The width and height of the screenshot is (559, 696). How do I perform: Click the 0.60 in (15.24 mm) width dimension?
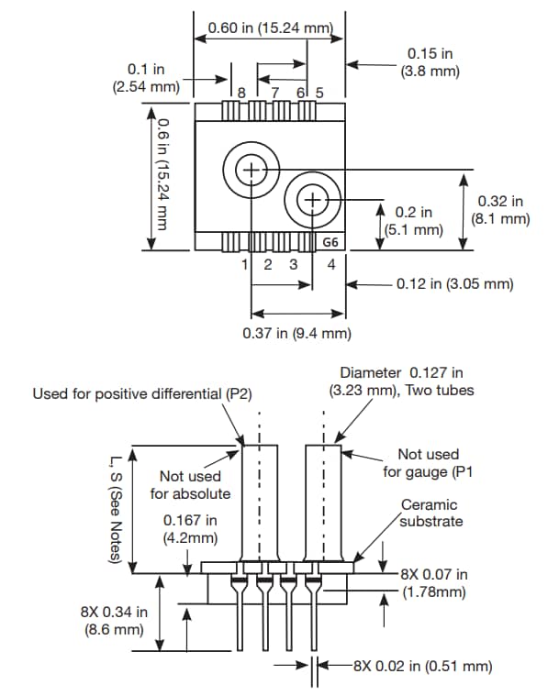(x=269, y=27)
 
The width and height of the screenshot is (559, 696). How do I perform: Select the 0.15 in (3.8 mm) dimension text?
(x=430, y=62)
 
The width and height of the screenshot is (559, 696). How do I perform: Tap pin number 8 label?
(x=241, y=93)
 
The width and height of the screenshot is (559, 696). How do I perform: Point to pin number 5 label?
(x=319, y=93)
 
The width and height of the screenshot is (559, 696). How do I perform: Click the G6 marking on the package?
(x=330, y=242)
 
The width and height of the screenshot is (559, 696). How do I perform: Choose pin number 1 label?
(x=245, y=265)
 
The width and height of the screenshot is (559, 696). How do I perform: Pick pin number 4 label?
(x=330, y=265)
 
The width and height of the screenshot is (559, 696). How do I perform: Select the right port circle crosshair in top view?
(x=313, y=200)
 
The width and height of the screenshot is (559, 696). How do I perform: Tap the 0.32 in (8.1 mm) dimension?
(x=500, y=210)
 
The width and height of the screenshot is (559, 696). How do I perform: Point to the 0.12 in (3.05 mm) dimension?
(x=454, y=284)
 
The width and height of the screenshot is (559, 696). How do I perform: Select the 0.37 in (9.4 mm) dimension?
(x=296, y=333)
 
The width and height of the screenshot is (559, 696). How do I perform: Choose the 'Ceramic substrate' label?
(x=430, y=513)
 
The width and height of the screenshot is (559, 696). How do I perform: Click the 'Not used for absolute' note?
(x=190, y=485)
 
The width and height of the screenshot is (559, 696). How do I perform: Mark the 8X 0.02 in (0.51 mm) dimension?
(x=422, y=667)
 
